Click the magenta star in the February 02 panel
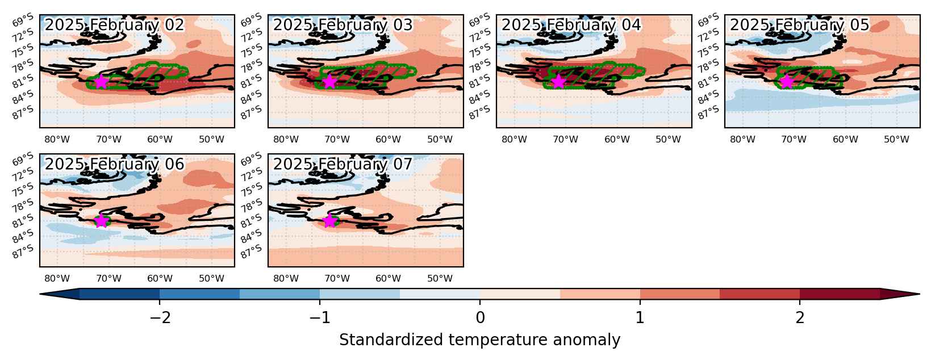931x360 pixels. pos(101,81)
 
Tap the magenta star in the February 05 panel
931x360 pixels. pos(786,81)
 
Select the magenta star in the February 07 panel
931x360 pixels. pos(329,221)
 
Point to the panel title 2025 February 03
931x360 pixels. pos(343,25)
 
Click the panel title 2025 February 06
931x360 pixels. pos(114,164)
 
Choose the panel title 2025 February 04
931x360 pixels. pos(571,25)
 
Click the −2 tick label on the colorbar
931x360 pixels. pos(160,318)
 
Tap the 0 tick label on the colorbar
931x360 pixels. pos(480,318)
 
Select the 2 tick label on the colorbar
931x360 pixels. pos(800,318)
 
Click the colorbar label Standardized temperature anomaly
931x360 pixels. pos(479,340)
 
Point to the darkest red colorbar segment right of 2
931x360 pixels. pos(840,294)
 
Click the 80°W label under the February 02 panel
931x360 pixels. pos(57,139)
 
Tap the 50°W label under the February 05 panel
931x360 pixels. pos(896,139)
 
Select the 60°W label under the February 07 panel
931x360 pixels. pos(388,279)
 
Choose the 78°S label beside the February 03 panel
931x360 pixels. pos(252,66)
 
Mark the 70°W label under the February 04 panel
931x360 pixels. pos(565,139)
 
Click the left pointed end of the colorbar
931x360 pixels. pos(40,294)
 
